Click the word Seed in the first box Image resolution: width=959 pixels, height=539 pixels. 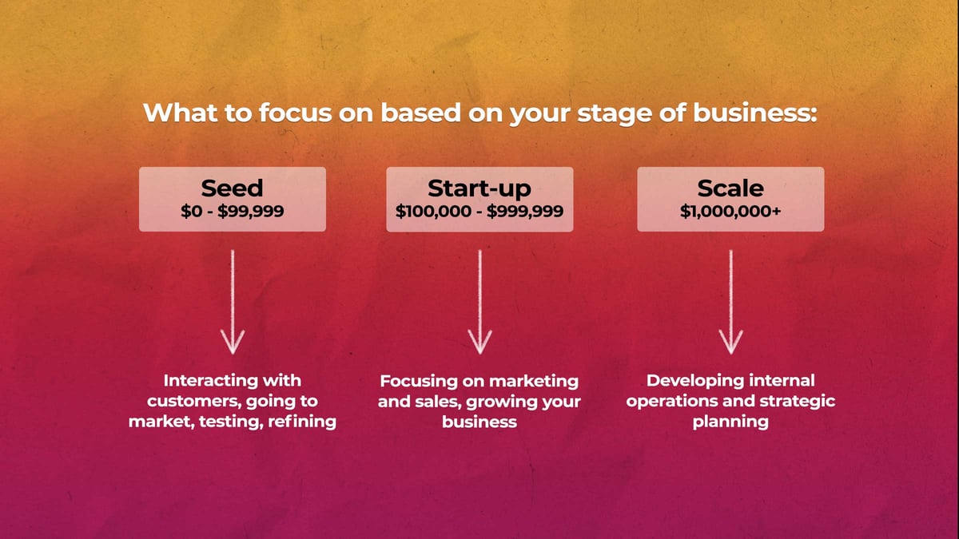[232, 188]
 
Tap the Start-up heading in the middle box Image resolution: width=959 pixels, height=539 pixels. [479, 189]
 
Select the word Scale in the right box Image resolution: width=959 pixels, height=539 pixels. [730, 188]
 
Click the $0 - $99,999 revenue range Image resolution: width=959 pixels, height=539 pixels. [232, 212]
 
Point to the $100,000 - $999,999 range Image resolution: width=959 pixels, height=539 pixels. [479, 212]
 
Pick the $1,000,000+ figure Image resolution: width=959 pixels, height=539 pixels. [730, 212]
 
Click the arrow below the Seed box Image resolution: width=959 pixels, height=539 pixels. [233, 302]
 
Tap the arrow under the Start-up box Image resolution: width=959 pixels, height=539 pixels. [480, 302]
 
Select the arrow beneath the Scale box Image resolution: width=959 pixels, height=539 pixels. [730, 302]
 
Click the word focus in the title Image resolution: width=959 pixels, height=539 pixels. [296, 113]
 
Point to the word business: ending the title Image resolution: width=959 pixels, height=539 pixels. [755, 113]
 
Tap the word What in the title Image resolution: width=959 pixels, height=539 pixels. [181, 113]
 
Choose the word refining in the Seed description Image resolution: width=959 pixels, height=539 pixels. [302, 422]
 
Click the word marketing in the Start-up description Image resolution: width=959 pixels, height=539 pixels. [534, 382]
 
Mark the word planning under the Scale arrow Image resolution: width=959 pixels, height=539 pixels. [730, 422]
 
